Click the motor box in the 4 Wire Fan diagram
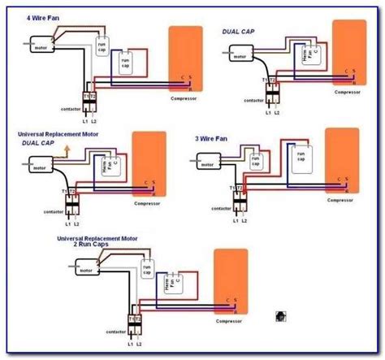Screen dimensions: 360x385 pos(40,48)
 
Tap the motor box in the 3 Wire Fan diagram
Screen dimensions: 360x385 pos(206,163)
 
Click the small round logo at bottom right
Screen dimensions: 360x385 pos(280,314)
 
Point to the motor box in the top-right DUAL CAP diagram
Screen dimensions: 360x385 pos(238,58)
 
